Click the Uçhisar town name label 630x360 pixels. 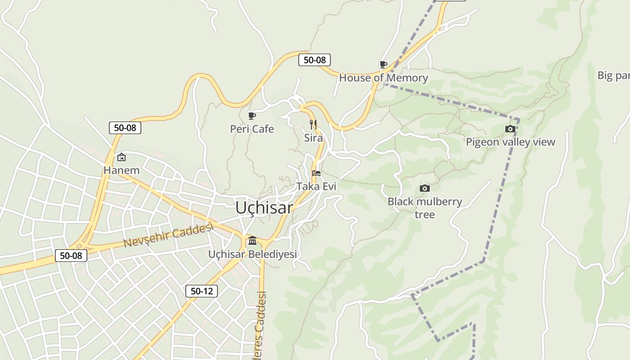264,207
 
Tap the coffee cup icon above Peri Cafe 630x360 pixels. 252,116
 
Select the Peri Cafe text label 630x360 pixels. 252,129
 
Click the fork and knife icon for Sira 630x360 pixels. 313,125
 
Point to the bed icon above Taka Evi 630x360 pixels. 316,173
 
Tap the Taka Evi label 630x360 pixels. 316,186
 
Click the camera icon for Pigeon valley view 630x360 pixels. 510,129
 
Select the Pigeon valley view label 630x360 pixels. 510,142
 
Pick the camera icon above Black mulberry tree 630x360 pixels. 424,189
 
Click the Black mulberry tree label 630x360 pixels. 425,207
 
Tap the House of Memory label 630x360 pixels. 383,78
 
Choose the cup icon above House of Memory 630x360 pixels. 383,65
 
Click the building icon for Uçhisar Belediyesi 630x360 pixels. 252,241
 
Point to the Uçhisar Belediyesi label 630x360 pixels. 252,254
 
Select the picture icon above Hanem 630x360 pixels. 121,157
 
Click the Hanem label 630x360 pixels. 121,171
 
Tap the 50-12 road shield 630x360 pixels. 202,291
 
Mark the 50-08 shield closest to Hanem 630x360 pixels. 125,128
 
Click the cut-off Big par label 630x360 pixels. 613,76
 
